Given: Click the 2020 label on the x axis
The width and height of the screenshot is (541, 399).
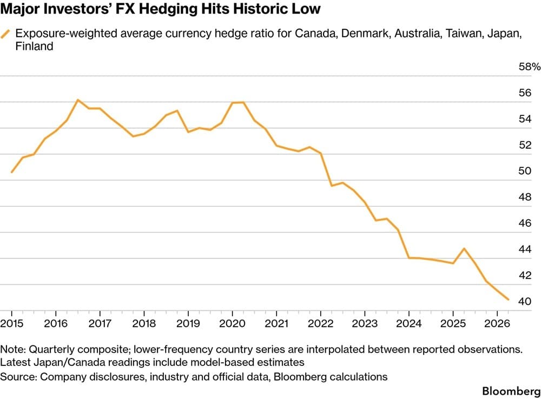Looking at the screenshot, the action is [x=232, y=323].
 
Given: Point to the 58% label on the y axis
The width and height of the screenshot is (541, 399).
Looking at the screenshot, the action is [x=529, y=66].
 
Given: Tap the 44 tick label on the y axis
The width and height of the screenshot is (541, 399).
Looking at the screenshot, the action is [x=525, y=249].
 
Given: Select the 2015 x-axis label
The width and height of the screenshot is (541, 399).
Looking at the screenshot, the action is [x=12, y=323].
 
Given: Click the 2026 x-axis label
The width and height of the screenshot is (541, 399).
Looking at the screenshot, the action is [x=497, y=323].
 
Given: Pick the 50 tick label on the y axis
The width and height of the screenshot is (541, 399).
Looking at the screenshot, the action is [x=525, y=171].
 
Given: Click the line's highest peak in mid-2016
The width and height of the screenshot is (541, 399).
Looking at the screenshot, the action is [x=77, y=100].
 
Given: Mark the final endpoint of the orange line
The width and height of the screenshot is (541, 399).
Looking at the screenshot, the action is [x=508, y=299].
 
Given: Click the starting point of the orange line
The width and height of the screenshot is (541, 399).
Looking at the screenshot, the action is [x=12, y=172].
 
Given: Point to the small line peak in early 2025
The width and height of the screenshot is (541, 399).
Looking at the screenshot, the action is [x=464, y=248].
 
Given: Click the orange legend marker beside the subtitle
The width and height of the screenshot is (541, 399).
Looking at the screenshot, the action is [x=5, y=34].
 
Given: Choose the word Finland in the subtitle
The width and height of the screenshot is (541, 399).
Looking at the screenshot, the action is [x=34, y=46].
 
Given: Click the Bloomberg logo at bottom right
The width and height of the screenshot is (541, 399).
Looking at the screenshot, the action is [x=511, y=391].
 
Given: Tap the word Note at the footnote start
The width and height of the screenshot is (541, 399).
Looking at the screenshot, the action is [x=12, y=349].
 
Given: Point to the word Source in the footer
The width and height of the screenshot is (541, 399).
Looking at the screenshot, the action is [x=18, y=377].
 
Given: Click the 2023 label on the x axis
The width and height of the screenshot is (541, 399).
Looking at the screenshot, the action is [x=365, y=323].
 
